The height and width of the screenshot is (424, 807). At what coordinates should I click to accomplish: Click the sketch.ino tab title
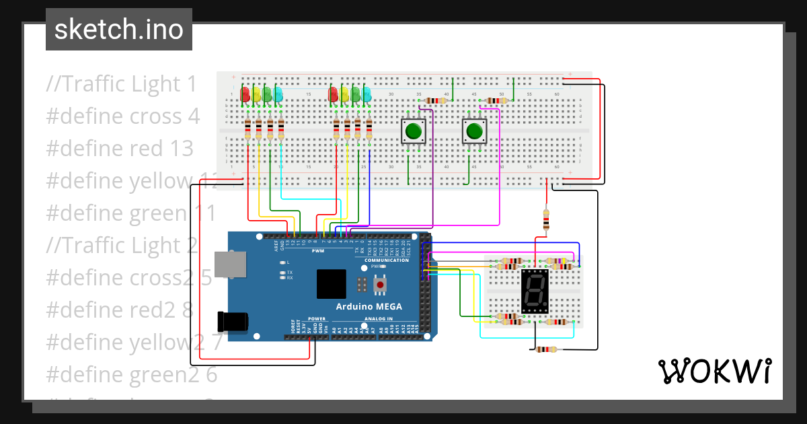click(119, 30)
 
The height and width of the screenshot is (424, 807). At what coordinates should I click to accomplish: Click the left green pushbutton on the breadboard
click(414, 131)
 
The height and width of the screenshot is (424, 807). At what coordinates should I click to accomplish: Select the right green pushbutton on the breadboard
click(475, 131)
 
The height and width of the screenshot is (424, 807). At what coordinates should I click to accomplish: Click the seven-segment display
click(535, 292)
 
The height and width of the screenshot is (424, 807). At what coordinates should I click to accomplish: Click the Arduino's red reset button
click(381, 285)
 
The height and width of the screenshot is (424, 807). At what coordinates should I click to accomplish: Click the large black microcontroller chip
click(331, 284)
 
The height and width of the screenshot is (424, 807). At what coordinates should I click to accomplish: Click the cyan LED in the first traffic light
click(278, 94)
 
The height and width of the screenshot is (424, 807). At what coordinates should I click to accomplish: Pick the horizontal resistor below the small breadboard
click(545, 349)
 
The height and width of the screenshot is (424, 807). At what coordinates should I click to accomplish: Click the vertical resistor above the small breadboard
click(545, 219)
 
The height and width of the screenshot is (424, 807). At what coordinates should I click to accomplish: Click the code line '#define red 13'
click(120, 148)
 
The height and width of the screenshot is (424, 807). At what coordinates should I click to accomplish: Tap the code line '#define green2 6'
click(132, 374)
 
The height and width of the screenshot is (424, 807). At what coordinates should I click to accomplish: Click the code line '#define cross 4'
click(123, 116)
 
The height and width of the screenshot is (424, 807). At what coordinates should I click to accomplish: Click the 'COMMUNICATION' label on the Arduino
click(386, 260)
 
